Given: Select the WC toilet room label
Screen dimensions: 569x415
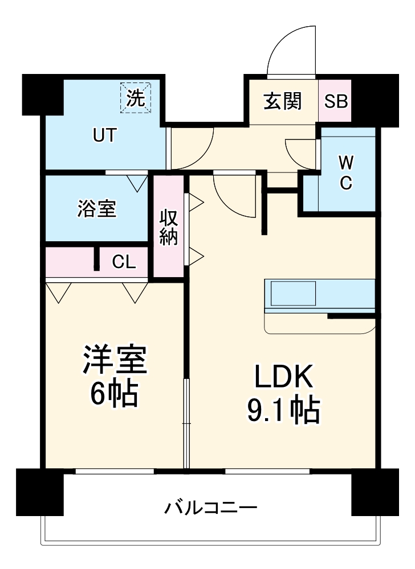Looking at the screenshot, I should point(346,173).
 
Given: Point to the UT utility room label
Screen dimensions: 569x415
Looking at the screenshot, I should point(105,135).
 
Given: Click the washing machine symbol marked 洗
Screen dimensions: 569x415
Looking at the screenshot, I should point(136,98).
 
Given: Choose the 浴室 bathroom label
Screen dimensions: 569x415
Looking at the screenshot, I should point(97,209).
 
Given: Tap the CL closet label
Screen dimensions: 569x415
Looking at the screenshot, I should point(124,262).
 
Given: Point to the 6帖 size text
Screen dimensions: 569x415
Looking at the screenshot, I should point(115,393).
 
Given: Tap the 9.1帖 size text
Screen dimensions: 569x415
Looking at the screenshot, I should point(283,409).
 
